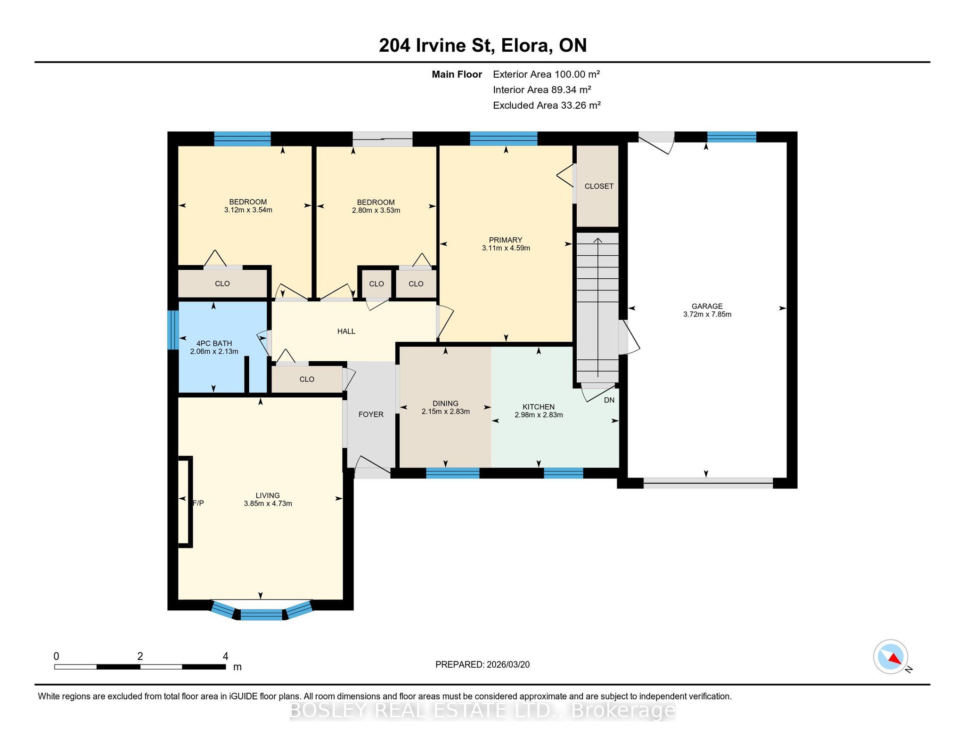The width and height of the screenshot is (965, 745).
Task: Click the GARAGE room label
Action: tap(707, 306)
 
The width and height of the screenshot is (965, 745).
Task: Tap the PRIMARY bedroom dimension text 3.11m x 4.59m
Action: tap(506, 248)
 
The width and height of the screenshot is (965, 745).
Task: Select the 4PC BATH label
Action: tap(214, 343)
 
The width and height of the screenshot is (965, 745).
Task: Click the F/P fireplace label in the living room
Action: tap(198, 503)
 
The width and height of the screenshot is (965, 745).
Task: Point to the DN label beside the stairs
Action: tap(609, 400)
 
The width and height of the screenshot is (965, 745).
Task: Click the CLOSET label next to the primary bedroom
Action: tap(599, 186)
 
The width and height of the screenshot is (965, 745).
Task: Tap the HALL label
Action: tap(346, 331)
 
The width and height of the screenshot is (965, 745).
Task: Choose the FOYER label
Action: tap(371, 414)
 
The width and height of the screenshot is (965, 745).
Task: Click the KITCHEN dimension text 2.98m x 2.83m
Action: tap(539, 415)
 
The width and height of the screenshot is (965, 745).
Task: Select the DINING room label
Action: tap(445, 403)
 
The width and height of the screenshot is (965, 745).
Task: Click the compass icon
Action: tap(891, 656)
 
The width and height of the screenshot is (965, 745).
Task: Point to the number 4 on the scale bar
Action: tap(226, 656)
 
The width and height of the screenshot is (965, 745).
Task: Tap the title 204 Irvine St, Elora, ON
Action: tap(483, 45)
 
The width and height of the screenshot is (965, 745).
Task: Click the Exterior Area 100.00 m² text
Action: tap(547, 74)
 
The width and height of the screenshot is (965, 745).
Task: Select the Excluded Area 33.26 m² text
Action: tap(547, 105)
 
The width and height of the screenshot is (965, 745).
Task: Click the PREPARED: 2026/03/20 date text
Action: tap(482, 664)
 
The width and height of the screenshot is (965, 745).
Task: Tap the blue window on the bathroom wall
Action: tap(173, 330)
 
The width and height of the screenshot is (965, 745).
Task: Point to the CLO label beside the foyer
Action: tap(307, 379)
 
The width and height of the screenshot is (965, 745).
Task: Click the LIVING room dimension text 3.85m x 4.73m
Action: tap(268, 503)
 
